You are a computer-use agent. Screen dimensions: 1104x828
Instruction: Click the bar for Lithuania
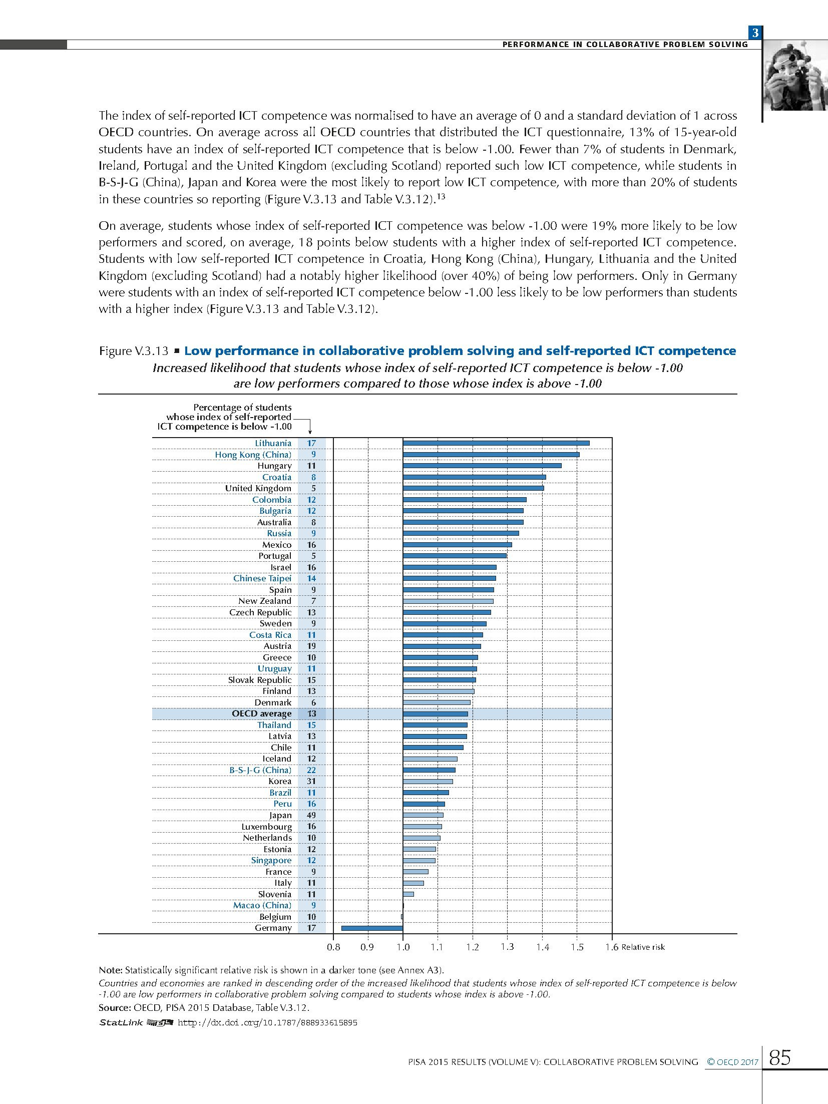pyautogui.click(x=496, y=443)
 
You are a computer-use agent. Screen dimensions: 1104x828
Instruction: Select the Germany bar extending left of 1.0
pyautogui.click(x=372, y=928)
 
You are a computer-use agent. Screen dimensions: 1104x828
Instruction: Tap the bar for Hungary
pyautogui.click(x=482, y=466)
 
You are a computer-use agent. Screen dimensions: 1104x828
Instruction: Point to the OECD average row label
pyautogui.click(x=261, y=713)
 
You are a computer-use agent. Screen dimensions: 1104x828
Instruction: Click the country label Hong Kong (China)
pyautogui.click(x=253, y=455)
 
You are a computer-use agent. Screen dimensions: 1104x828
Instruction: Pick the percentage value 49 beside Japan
pyautogui.click(x=311, y=815)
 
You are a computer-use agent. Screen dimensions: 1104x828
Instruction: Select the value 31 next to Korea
pyautogui.click(x=311, y=781)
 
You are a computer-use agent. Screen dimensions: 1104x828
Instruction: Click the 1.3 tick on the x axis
pyautogui.click(x=507, y=947)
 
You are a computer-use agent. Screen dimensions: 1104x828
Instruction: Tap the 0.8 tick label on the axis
pyautogui.click(x=333, y=947)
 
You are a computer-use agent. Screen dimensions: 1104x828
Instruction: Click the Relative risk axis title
pyautogui.click(x=643, y=947)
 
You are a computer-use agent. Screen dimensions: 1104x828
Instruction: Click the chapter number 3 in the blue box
pyautogui.click(x=755, y=33)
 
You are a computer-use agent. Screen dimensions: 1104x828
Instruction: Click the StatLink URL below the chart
pyautogui.click(x=267, y=1022)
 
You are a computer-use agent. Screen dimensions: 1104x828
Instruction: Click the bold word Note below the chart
pyautogui.click(x=110, y=970)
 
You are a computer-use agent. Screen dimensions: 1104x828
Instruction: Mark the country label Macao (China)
pyautogui.click(x=262, y=905)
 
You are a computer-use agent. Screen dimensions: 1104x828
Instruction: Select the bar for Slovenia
pyautogui.click(x=408, y=894)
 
